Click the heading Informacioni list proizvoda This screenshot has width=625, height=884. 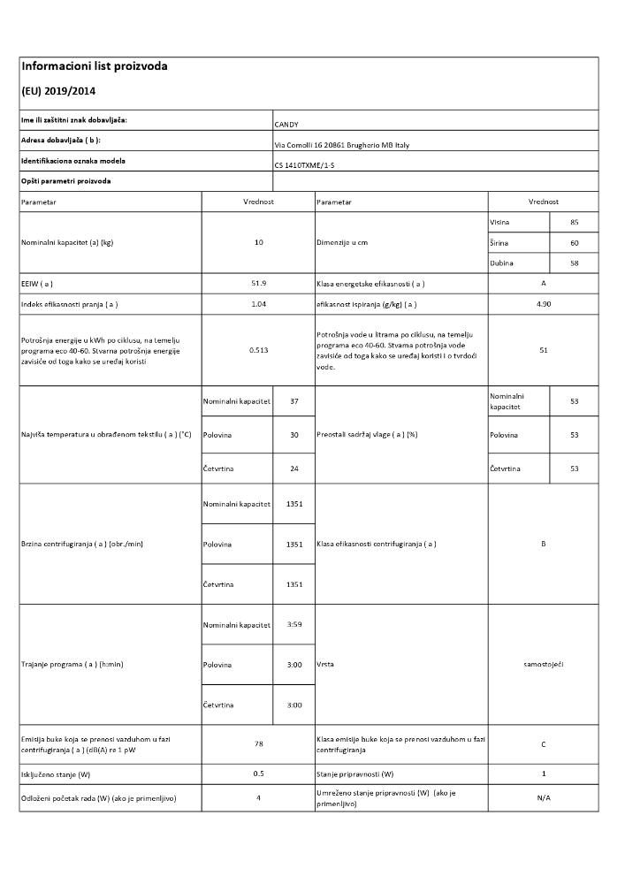[94, 66]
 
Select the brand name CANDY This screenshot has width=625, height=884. [287, 125]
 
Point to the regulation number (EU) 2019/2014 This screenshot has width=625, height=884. [58, 91]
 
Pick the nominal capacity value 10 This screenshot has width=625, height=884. [258, 242]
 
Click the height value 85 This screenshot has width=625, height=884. [574, 222]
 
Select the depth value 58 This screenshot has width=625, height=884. [574, 263]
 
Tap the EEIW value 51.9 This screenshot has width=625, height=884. [258, 283]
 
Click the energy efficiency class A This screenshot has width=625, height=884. [543, 283]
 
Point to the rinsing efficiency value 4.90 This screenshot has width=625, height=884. [543, 304]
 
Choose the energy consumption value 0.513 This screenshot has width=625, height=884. [258, 350]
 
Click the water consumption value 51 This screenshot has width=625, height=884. [543, 350]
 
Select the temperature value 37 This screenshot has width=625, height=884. [293, 401]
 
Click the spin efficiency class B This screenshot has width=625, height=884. [543, 544]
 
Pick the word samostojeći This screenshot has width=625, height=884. [543, 664]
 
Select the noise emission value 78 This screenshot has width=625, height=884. [258, 744]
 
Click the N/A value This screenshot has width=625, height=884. [543, 798]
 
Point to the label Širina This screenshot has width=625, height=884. [500, 242]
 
